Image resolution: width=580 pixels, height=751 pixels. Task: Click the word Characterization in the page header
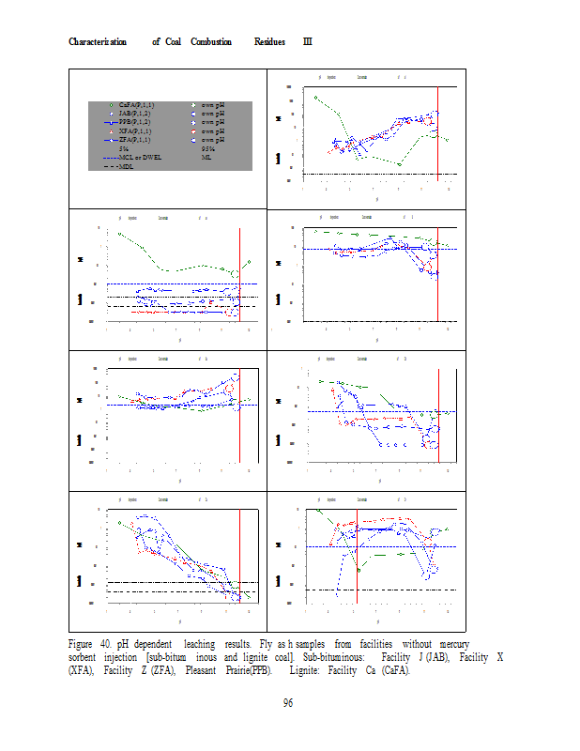point(99,42)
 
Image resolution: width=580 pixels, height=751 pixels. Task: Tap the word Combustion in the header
point(211,42)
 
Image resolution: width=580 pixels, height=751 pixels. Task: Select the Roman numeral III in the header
point(307,42)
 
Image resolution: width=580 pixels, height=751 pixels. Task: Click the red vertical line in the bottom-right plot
point(357,554)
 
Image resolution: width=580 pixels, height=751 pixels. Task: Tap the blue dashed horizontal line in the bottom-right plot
point(394,546)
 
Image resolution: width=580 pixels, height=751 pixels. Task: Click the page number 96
point(290,704)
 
